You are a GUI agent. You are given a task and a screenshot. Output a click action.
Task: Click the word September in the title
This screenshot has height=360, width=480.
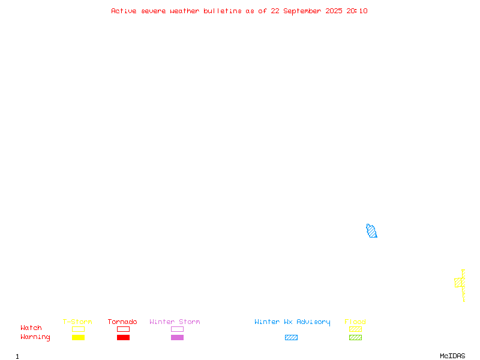point(302,11)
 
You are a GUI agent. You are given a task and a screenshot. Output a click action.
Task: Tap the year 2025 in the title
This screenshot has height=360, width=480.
point(334,11)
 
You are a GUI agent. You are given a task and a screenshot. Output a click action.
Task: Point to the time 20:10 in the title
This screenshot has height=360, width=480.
point(356,11)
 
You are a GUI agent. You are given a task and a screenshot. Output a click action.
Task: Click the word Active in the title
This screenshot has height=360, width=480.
point(124,11)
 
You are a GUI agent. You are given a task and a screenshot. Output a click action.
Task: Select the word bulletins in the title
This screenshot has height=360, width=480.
point(223,11)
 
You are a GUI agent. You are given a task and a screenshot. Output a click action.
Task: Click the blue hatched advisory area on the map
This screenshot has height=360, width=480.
point(371,231)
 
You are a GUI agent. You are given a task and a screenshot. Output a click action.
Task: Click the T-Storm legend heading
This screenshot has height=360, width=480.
point(77,322)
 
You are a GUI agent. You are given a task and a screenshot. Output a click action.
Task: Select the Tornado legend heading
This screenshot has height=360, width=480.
point(122,322)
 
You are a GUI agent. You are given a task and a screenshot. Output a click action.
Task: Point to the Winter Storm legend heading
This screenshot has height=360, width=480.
point(175,322)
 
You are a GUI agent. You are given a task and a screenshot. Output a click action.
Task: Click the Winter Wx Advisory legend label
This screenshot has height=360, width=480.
point(292,322)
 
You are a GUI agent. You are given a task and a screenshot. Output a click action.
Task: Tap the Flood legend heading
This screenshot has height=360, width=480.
point(355,322)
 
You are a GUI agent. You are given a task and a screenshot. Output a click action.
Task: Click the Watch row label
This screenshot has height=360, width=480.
point(31,328)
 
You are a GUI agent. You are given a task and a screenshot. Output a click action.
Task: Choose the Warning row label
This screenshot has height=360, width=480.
point(35,337)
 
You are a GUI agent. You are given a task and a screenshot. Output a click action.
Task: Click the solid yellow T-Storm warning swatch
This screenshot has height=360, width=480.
point(79,337)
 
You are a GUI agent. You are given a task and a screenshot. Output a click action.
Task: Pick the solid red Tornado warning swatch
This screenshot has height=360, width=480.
point(124,337)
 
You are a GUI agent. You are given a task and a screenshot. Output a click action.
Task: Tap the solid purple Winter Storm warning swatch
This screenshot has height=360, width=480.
point(177,337)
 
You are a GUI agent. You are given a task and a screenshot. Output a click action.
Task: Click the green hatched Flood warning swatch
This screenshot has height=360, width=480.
point(355,337)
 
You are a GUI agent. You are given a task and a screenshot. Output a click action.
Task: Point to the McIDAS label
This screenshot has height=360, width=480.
point(452,356)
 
